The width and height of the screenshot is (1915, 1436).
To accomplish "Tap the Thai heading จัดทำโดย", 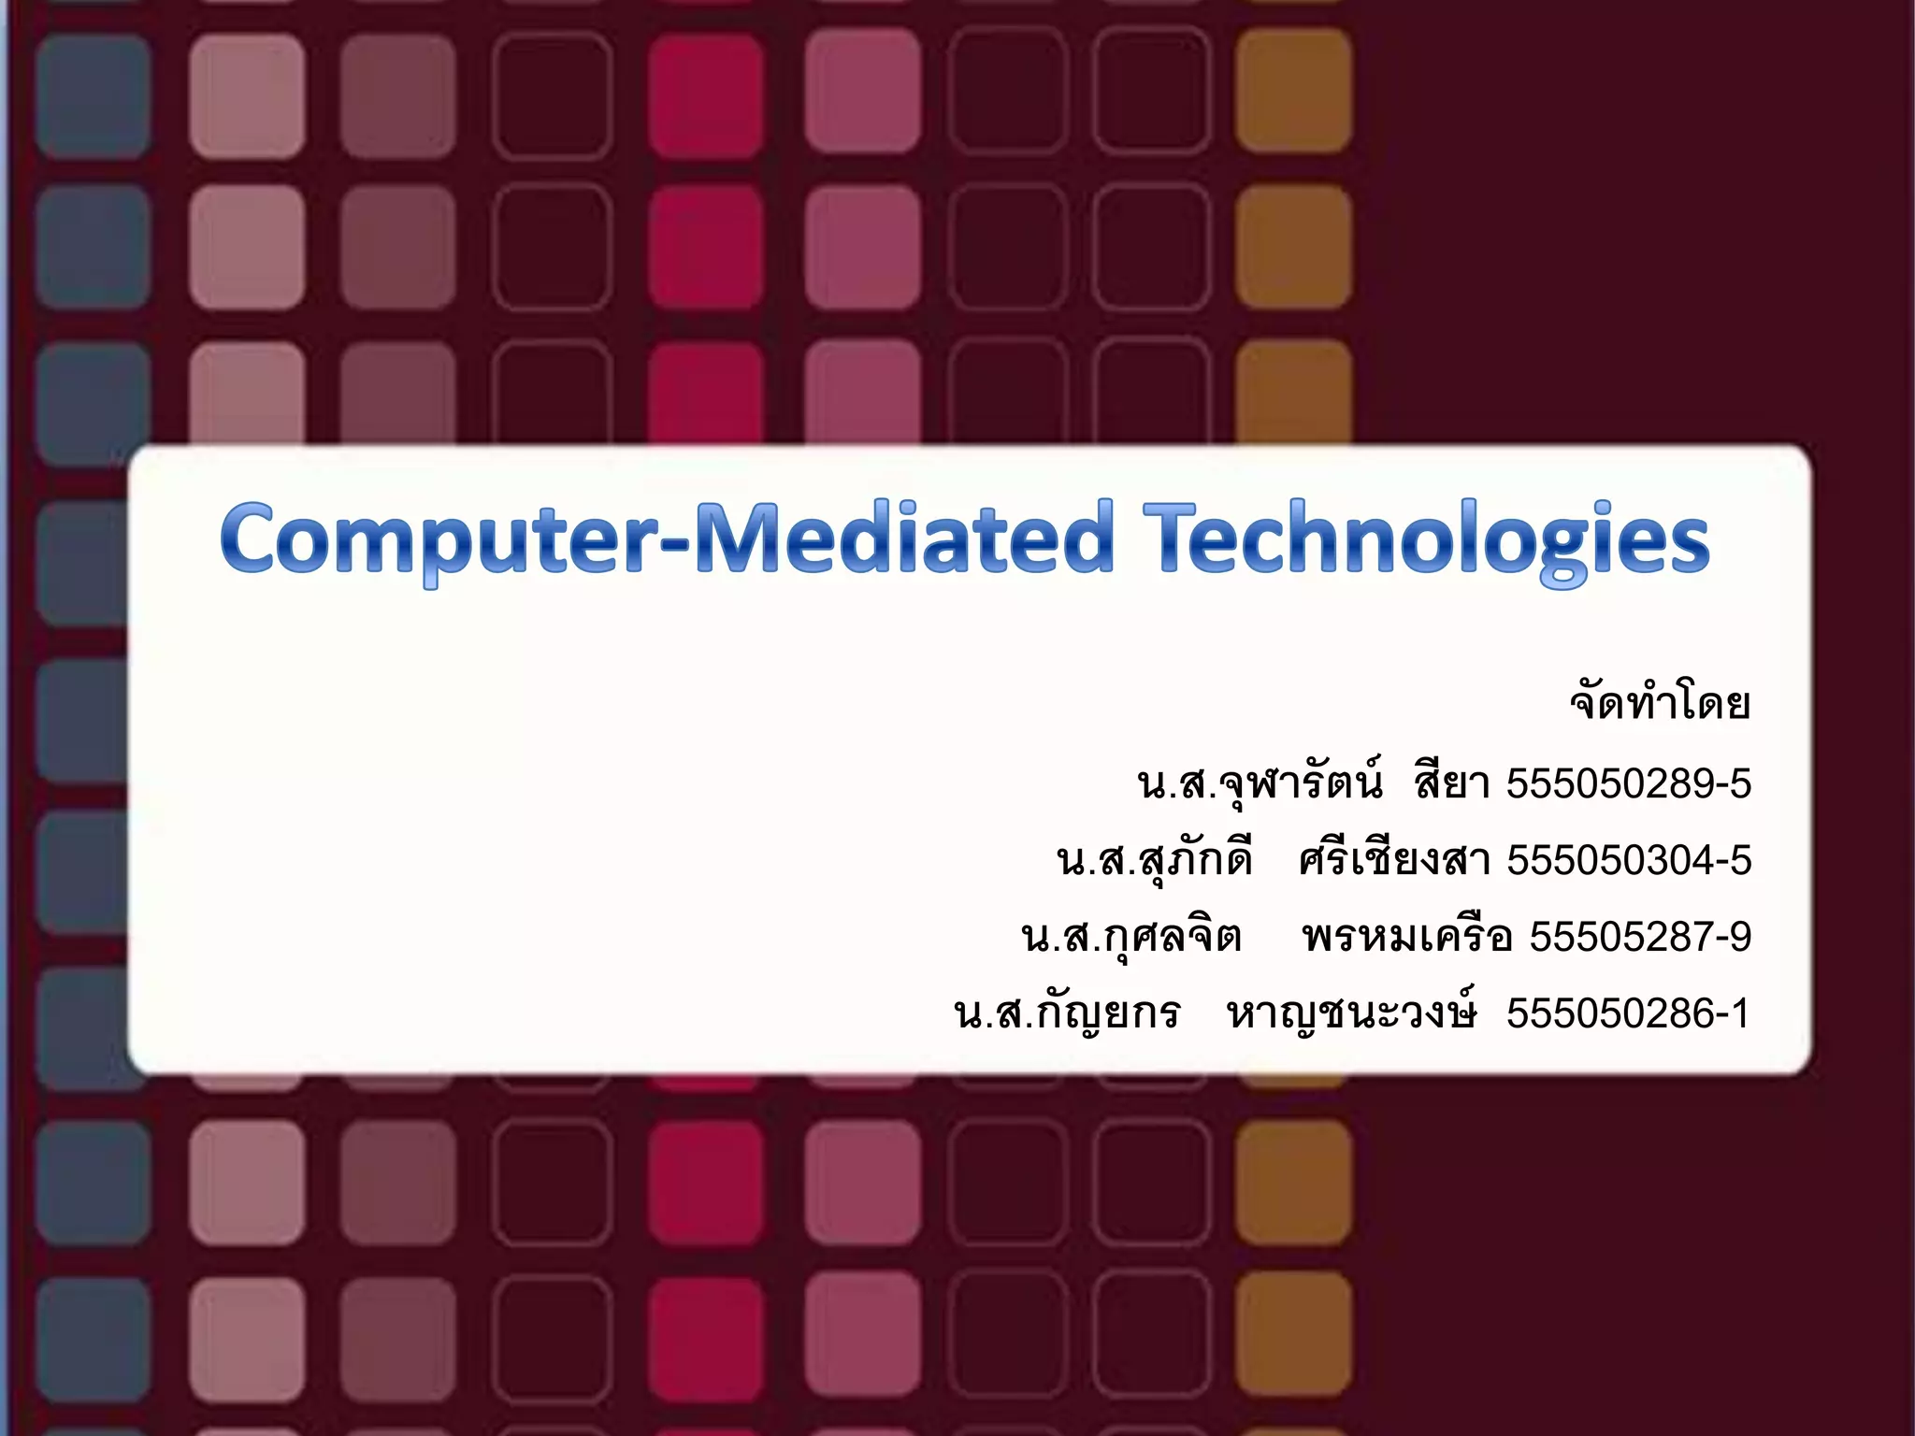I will click(1660, 703).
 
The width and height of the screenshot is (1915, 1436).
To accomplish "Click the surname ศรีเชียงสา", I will click(1394, 860).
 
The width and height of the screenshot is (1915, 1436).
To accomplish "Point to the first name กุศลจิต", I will click(1173, 937).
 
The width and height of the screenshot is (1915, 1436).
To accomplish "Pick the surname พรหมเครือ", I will click(1406, 937).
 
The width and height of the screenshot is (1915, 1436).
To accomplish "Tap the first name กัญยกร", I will click(1107, 1013).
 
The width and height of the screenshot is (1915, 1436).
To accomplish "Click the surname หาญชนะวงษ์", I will click(1352, 1013).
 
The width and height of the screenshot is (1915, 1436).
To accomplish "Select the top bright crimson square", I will click(705, 93).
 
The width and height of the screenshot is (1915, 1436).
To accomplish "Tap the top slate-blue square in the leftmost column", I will click(93, 95).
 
